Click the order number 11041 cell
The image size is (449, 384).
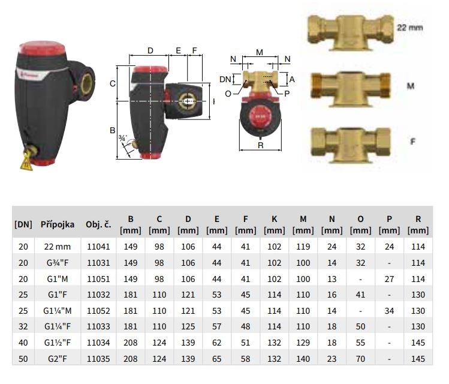coord(98,247)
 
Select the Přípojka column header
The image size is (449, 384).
coord(58,224)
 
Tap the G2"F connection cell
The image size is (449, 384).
coord(58,358)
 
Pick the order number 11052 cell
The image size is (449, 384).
coord(98,311)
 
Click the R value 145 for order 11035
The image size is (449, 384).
coord(418,358)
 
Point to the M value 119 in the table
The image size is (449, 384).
coord(303,247)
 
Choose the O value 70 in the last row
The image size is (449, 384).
coord(360,358)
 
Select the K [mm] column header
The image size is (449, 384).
coord(275,224)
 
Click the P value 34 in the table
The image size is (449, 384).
coord(389,311)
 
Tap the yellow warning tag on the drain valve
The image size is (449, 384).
coord(26,162)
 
